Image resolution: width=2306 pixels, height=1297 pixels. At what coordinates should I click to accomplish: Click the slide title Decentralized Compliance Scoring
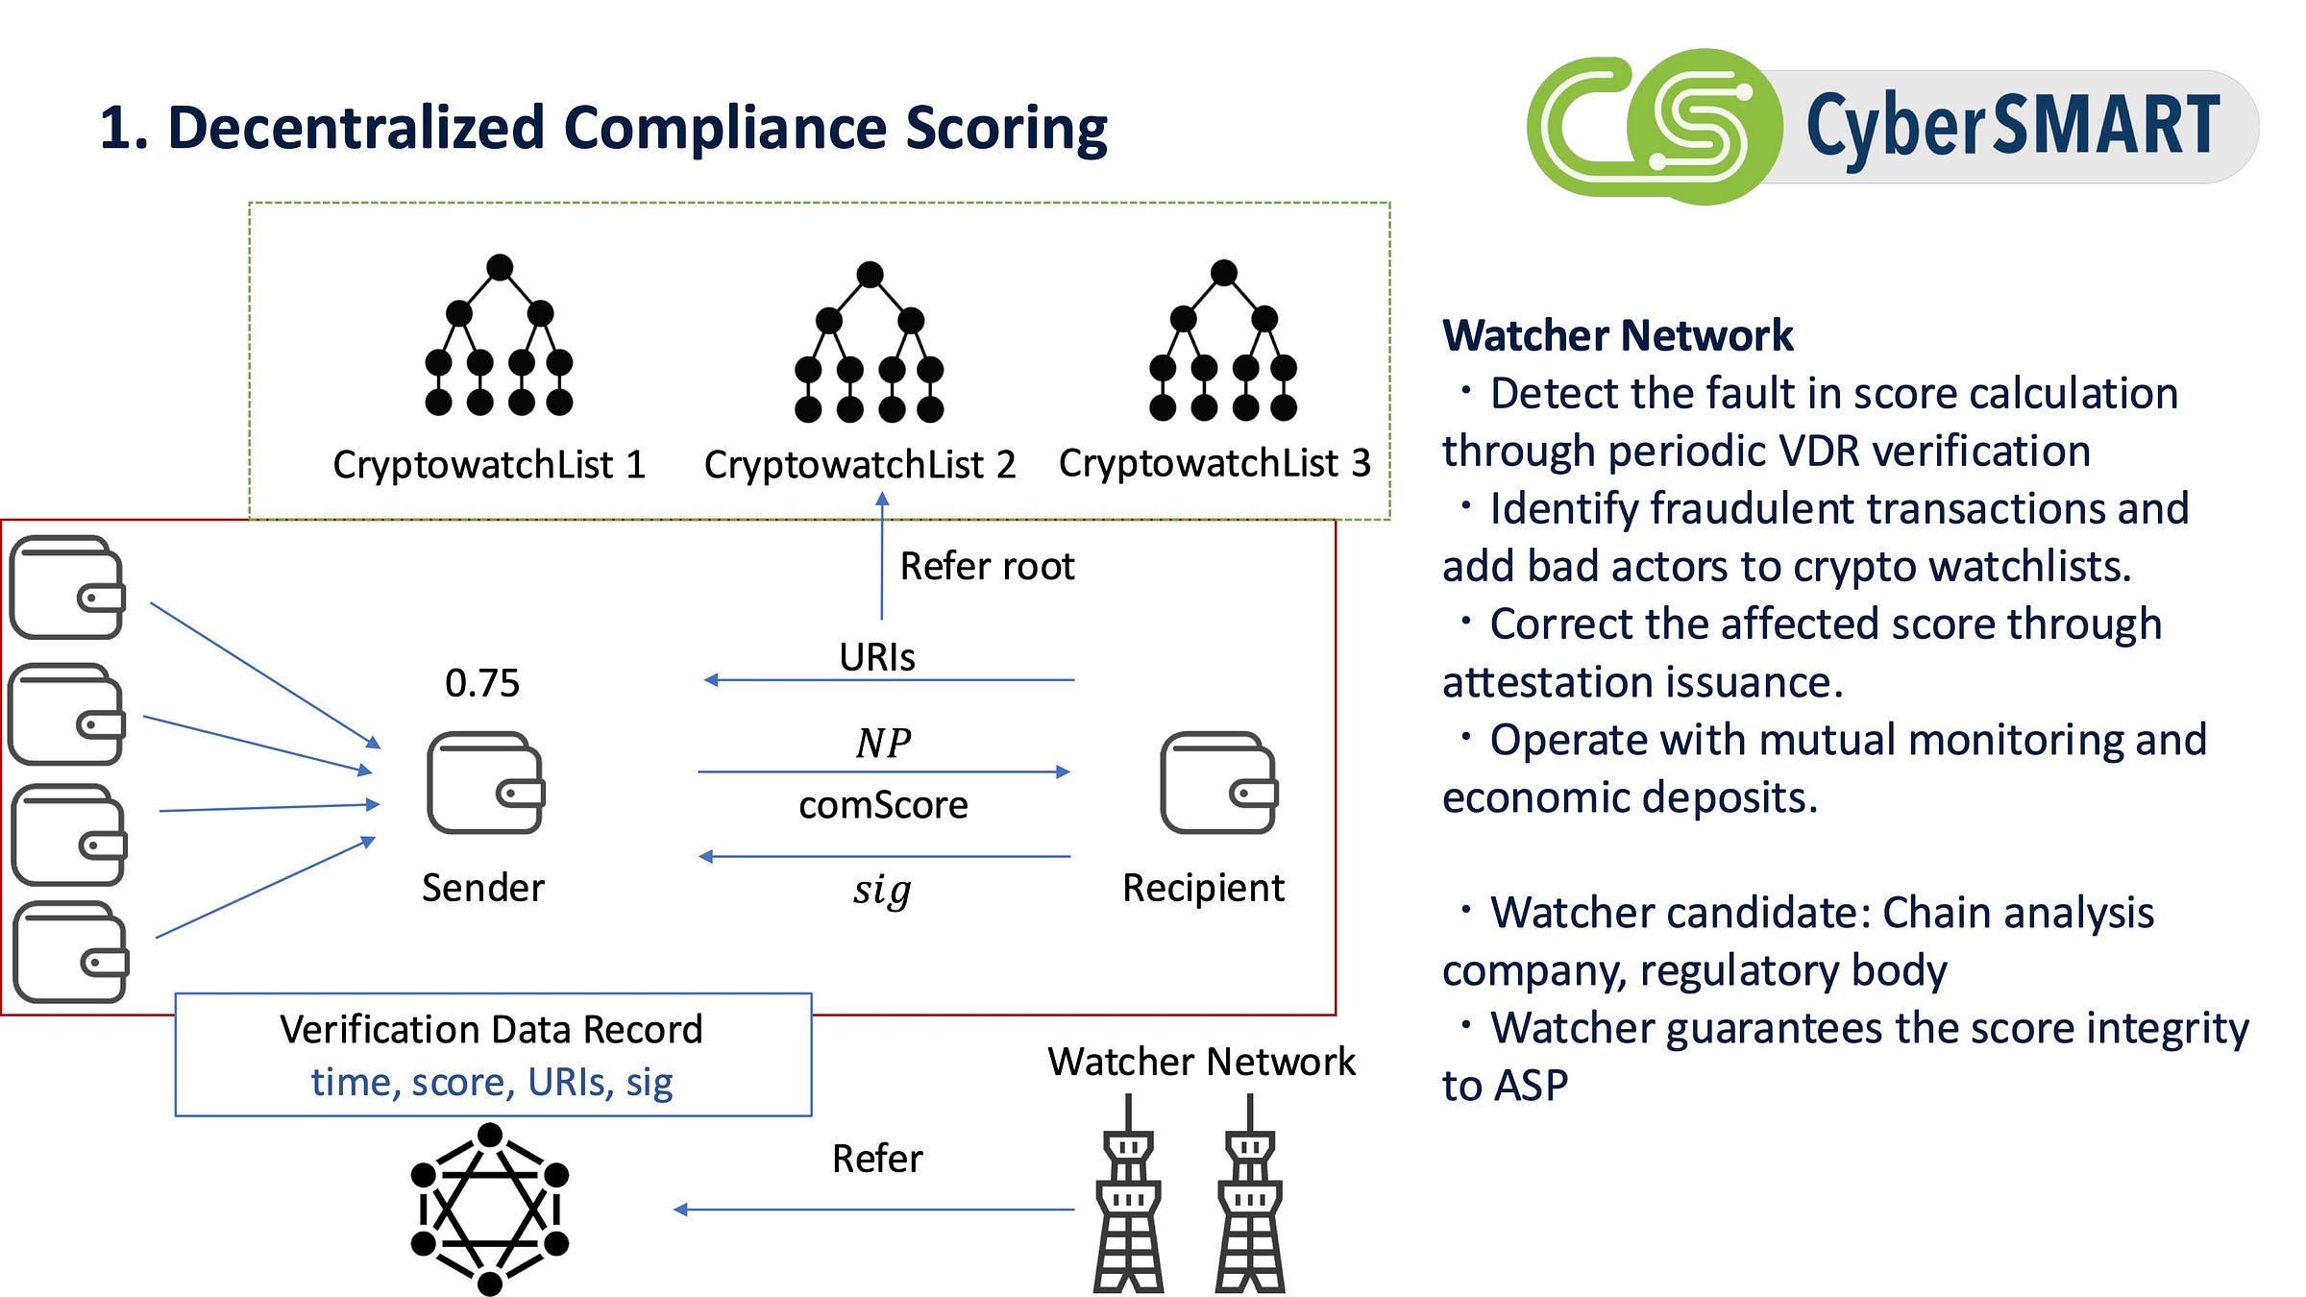coord(603,128)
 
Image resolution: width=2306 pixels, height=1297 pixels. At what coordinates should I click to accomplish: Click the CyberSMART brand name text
coord(2012,126)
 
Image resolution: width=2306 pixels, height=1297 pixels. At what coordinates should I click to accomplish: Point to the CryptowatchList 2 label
coord(859,465)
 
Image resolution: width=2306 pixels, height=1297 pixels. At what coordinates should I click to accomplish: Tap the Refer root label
coord(987,566)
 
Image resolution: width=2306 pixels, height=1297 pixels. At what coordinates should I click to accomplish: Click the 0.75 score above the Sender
coord(482,683)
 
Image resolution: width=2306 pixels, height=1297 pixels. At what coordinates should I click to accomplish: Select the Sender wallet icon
coord(485,782)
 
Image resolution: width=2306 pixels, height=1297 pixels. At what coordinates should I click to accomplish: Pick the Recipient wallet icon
coord(1218,782)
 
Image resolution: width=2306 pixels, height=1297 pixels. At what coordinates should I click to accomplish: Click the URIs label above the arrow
coord(876,657)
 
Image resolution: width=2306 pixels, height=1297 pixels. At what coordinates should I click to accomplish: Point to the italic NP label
coord(883,743)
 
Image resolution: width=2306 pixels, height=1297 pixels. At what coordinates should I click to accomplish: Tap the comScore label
coord(883,805)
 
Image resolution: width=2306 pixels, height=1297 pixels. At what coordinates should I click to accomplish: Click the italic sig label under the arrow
coord(882,890)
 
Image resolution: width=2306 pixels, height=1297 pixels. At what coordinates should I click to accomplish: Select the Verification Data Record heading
coord(492,1029)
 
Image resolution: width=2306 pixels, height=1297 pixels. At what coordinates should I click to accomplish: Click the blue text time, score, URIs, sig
coord(492,1082)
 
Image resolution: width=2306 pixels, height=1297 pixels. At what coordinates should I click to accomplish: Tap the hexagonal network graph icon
coord(489,1209)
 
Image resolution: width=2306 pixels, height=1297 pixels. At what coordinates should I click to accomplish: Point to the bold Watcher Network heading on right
coord(1617,335)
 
